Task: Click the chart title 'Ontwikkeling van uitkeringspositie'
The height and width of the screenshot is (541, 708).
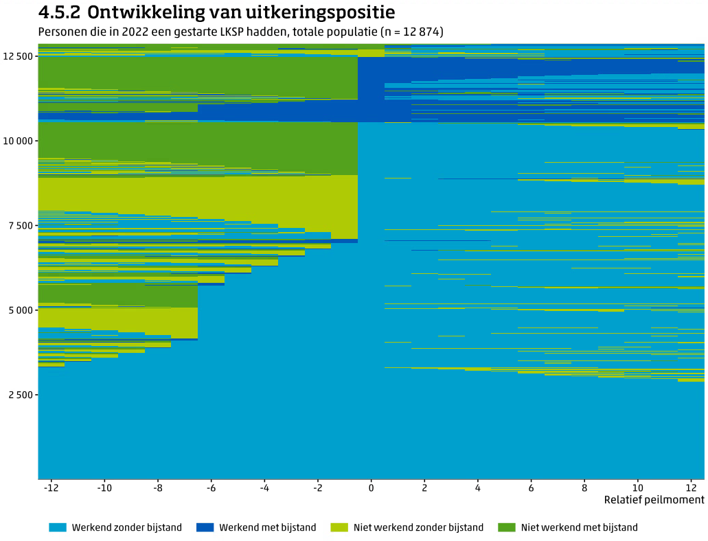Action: pos(241,12)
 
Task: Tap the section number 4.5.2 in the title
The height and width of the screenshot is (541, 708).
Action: pos(60,12)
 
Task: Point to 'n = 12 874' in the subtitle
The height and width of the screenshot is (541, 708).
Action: pos(409,32)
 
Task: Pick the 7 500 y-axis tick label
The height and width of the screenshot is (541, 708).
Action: pos(19,225)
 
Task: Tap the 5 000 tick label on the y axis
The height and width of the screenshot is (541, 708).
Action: pos(19,310)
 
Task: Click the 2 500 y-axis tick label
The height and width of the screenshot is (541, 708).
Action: pos(19,395)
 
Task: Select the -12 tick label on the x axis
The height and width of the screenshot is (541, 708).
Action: pos(50,487)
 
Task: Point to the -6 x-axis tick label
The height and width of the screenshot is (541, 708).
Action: pos(211,487)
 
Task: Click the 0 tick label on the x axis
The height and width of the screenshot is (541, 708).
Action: pos(372,487)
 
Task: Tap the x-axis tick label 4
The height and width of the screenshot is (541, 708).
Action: pos(478,487)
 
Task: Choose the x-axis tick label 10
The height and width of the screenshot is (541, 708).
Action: pos(638,487)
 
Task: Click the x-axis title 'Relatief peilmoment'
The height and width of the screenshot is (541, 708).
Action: pos(654,500)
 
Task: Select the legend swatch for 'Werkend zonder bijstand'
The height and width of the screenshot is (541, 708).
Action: pos(58,527)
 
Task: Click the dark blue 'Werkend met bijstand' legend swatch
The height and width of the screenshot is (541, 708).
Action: pos(205,527)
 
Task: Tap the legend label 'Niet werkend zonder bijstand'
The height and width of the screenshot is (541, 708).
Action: pos(418,527)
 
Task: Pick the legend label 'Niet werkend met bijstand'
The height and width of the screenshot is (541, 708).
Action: pos(579,527)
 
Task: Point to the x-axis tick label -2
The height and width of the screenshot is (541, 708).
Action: pos(317,487)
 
